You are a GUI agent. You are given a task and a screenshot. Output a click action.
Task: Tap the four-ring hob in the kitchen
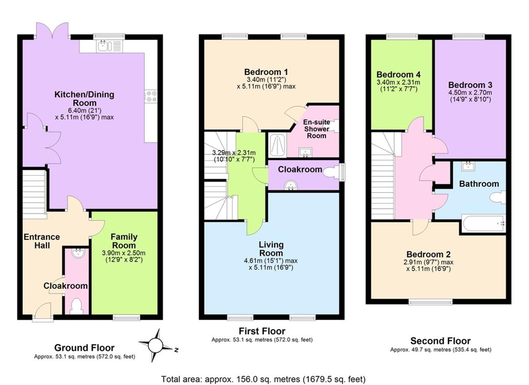pos(151,96)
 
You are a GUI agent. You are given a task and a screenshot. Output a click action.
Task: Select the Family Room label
pos(124,241)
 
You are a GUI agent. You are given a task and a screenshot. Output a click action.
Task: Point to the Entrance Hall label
pos(42,241)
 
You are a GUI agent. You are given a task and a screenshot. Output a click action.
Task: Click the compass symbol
pos(156,346)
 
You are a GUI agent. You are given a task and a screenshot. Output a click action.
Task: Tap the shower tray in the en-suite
pos(277,145)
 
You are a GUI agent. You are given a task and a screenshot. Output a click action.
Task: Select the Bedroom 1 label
pos(266,72)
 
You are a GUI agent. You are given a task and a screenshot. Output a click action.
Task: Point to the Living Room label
pos(271,249)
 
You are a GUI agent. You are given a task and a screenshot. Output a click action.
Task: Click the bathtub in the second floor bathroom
pos(483,223)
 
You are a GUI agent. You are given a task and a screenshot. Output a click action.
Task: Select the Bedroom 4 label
pos(398,74)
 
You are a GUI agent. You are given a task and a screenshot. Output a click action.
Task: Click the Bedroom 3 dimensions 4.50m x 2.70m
pos(470,92)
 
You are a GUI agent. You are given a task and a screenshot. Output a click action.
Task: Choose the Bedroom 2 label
pos(428,254)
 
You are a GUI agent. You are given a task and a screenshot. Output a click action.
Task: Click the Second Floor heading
pos(440,341)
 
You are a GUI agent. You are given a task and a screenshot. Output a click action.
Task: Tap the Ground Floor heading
pos(84,348)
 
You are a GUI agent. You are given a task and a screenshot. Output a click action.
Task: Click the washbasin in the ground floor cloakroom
pos(78,253)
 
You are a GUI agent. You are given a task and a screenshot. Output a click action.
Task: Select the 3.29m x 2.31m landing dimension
pos(234,153)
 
